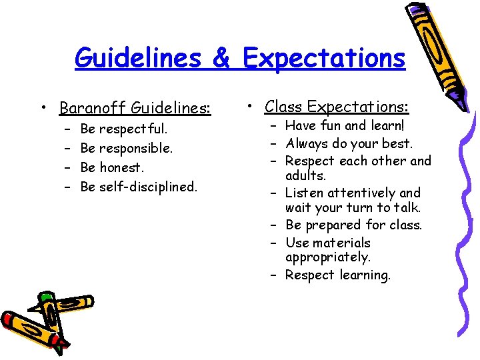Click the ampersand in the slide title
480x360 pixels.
pos(221,58)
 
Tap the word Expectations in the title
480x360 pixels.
pos(324,58)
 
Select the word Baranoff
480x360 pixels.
pos(93,107)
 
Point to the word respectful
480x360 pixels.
pos(133,128)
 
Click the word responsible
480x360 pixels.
pos(136,147)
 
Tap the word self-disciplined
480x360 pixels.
pos(148,187)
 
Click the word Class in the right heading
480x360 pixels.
pos(285,107)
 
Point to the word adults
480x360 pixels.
pos(305,176)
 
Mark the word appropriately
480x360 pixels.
pos(327,257)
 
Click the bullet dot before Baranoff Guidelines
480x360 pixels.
pos(43,107)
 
